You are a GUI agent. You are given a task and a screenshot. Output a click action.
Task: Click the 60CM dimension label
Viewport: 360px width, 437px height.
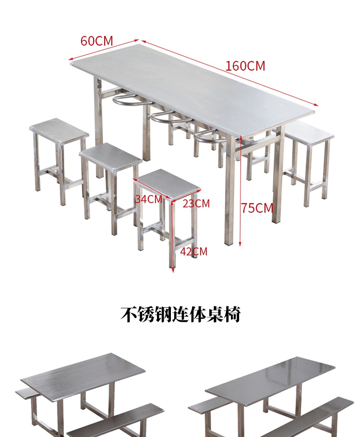pyautogui.click(x=96, y=41)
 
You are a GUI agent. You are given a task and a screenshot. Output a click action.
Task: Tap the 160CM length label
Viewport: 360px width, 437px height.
pyautogui.click(x=245, y=66)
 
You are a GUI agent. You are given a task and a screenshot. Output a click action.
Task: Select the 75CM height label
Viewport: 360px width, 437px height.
pyautogui.click(x=257, y=208)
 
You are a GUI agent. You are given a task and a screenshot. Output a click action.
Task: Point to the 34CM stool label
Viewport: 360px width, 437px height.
pyautogui.click(x=148, y=199)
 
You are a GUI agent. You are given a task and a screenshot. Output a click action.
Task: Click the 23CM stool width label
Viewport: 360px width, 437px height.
pyautogui.click(x=196, y=203)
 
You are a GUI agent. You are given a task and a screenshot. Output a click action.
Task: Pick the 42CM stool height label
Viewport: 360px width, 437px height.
pyautogui.click(x=193, y=251)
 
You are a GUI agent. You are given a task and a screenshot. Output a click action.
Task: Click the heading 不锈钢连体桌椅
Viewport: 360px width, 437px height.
pyautogui.click(x=180, y=315)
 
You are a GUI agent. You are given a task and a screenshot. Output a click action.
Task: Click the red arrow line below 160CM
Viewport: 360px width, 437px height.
pyautogui.click(x=230, y=72)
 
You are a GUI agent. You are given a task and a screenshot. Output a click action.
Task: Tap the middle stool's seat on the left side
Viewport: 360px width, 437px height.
pyautogui.click(x=110, y=155)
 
